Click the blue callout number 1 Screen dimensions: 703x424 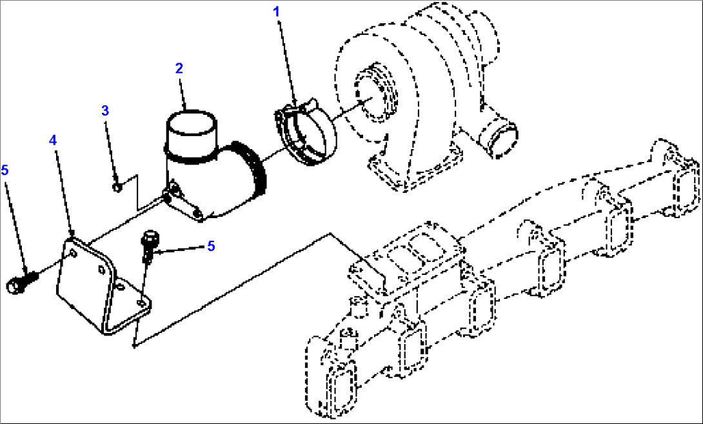(x=277, y=12)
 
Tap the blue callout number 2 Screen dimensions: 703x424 (x=179, y=68)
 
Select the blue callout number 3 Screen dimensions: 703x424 (x=105, y=111)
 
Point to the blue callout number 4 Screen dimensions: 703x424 (x=53, y=141)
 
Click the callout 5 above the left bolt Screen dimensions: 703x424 (x=5, y=170)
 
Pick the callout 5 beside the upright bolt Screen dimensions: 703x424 (x=211, y=246)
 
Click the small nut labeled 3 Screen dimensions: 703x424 (x=117, y=187)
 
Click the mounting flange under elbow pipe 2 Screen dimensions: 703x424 (x=184, y=204)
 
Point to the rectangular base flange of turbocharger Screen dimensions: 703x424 (x=415, y=168)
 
